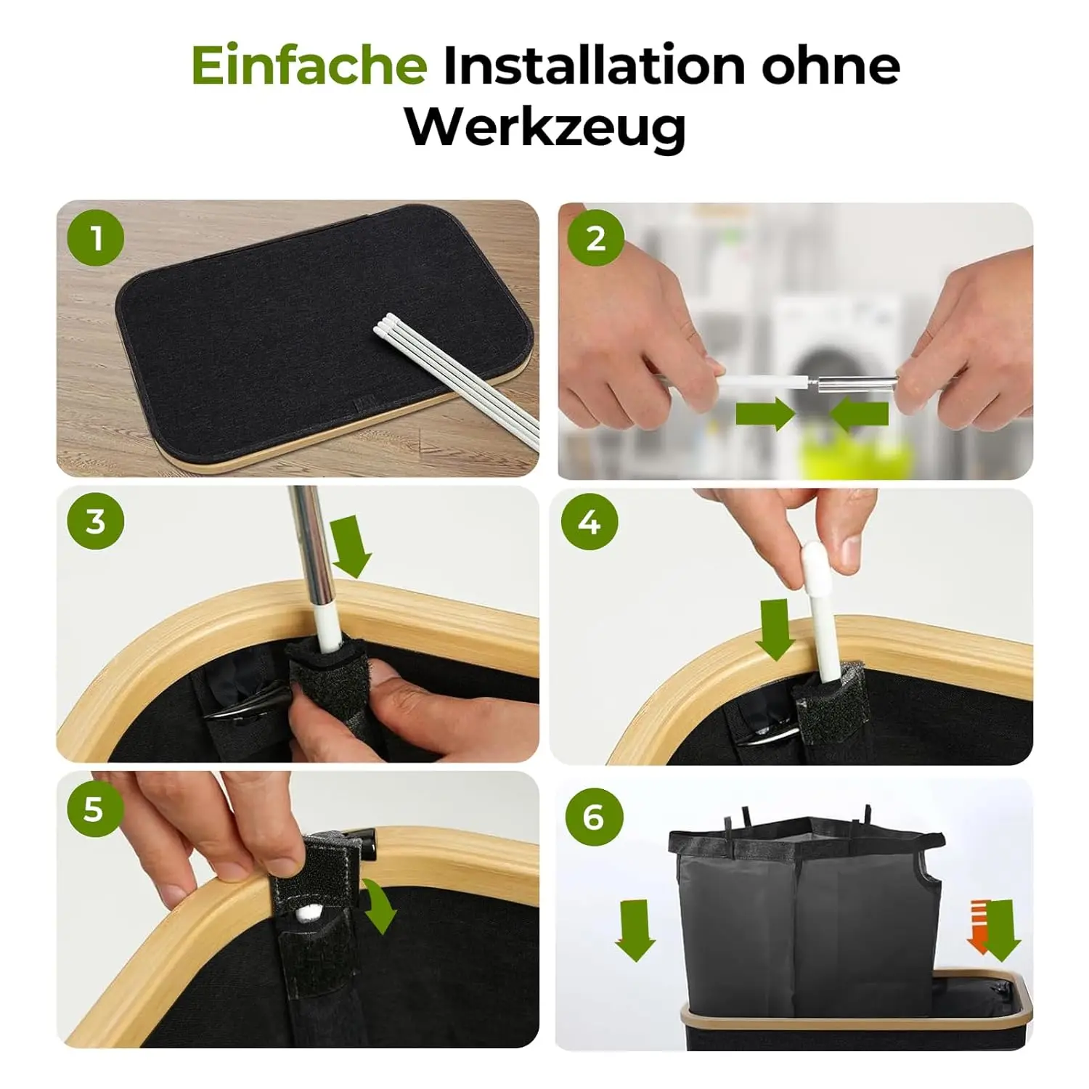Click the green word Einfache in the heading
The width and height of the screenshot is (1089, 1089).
309,65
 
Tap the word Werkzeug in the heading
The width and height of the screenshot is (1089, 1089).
545,128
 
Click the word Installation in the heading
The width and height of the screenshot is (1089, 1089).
594,65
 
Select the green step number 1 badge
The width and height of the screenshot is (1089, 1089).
96,238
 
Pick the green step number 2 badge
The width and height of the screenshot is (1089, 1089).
595,237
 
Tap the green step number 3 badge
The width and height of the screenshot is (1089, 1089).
96,521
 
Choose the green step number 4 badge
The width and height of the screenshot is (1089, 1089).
590,521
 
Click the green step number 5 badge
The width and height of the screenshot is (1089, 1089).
96,808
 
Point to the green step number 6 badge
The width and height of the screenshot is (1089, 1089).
594,817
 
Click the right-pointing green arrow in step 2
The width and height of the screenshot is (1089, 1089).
765,414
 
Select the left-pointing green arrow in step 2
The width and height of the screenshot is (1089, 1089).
859,415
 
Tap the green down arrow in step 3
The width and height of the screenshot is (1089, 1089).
351,547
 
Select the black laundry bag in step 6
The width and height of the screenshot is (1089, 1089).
806,915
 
